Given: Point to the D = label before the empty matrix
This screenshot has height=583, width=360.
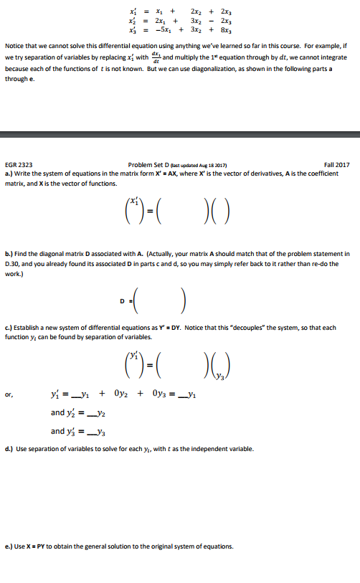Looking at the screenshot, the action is tap(123, 300).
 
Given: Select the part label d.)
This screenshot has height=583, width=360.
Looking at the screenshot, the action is tap(9, 449).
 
